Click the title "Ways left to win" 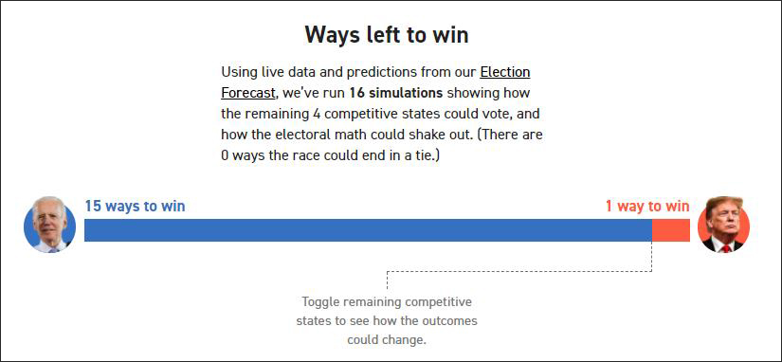point(387,35)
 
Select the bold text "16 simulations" point(395,93)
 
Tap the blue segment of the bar point(368,230)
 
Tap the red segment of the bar point(671,230)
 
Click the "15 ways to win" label point(135,206)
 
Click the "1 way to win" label point(647,206)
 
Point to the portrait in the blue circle point(49,226)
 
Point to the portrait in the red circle point(723,225)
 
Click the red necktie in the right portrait point(726,248)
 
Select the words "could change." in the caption point(387,340)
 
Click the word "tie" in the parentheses point(427,155)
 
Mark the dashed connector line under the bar point(519,271)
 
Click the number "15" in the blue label point(93,206)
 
